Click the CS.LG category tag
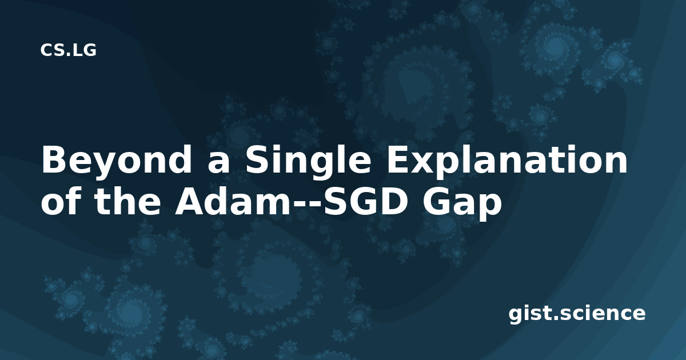click(68, 50)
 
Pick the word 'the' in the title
click(127, 200)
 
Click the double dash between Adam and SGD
click(306, 205)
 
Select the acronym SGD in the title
click(363, 200)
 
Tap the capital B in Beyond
click(54, 160)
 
